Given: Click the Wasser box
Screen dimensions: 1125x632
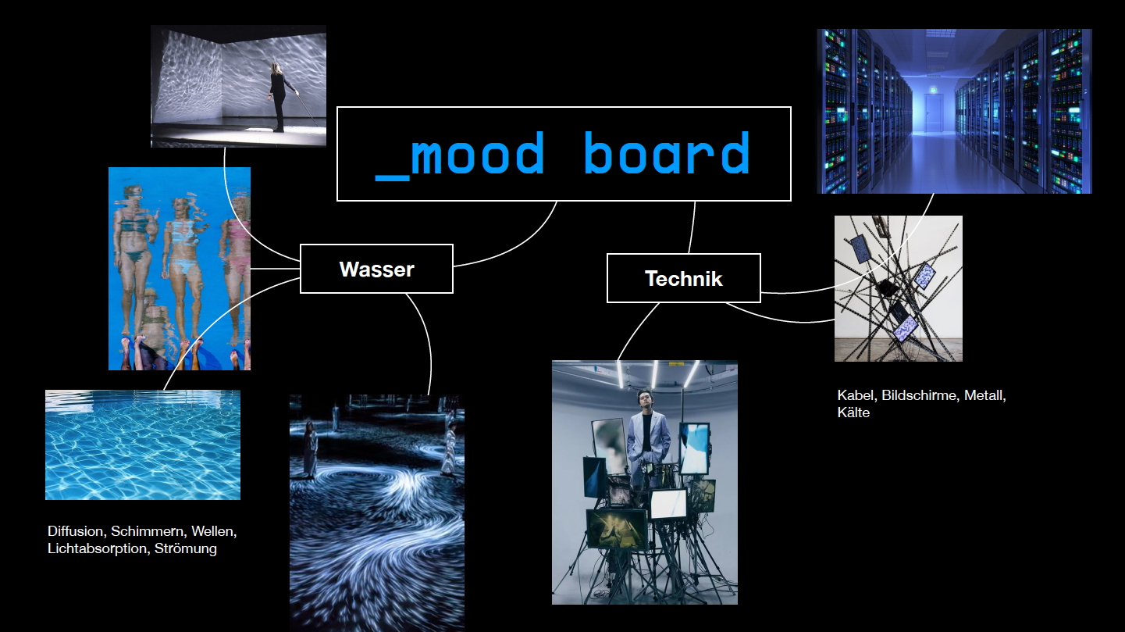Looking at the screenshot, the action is (x=376, y=269).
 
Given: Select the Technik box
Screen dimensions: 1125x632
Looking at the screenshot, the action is (x=683, y=278).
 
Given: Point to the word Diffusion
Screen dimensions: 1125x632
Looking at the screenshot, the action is (x=75, y=531).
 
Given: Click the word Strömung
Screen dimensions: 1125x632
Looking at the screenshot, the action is (x=185, y=548).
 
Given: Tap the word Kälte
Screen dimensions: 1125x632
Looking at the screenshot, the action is (x=853, y=412).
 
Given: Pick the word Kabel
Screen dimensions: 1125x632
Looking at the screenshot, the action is (x=855, y=395).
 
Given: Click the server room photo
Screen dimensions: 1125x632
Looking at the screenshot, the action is (x=954, y=111).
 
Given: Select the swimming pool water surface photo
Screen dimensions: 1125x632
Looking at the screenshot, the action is (x=143, y=445).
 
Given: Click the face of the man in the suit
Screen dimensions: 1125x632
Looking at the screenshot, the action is (x=644, y=401).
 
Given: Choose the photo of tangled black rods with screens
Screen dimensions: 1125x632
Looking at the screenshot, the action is (x=898, y=288).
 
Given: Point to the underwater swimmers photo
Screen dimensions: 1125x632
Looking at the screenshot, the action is (x=180, y=268).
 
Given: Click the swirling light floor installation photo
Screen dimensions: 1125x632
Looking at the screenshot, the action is (x=377, y=512).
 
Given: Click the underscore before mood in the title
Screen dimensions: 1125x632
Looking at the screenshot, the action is (x=392, y=179).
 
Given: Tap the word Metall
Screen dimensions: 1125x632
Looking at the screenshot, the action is (x=984, y=395).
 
